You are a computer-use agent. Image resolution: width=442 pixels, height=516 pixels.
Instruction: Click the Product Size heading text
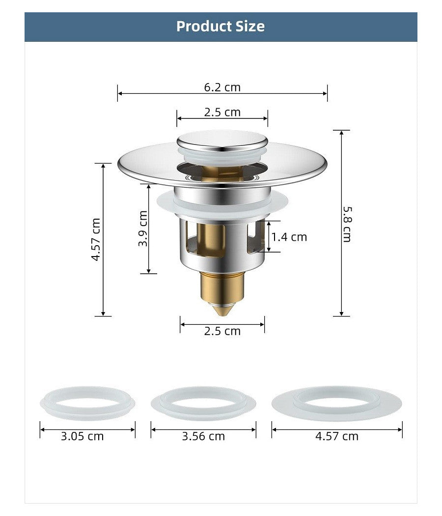point(221,27)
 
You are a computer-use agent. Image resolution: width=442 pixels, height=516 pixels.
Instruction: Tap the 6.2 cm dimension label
point(222,87)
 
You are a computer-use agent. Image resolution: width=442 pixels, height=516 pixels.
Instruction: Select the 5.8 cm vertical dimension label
point(347,224)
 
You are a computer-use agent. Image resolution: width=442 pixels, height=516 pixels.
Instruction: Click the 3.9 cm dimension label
point(143,229)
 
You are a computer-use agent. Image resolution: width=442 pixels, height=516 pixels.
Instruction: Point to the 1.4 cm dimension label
point(289,237)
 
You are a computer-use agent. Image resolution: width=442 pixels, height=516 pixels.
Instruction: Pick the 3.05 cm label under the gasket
point(82,436)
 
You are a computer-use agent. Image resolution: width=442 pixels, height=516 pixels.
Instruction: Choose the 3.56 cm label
point(204,436)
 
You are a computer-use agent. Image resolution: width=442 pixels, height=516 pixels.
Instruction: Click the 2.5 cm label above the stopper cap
point(222,112)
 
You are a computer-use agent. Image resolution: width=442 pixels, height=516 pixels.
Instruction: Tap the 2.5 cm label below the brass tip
point(222,331)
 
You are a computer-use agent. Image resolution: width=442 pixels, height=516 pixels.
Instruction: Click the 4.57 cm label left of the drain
point(96,240)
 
